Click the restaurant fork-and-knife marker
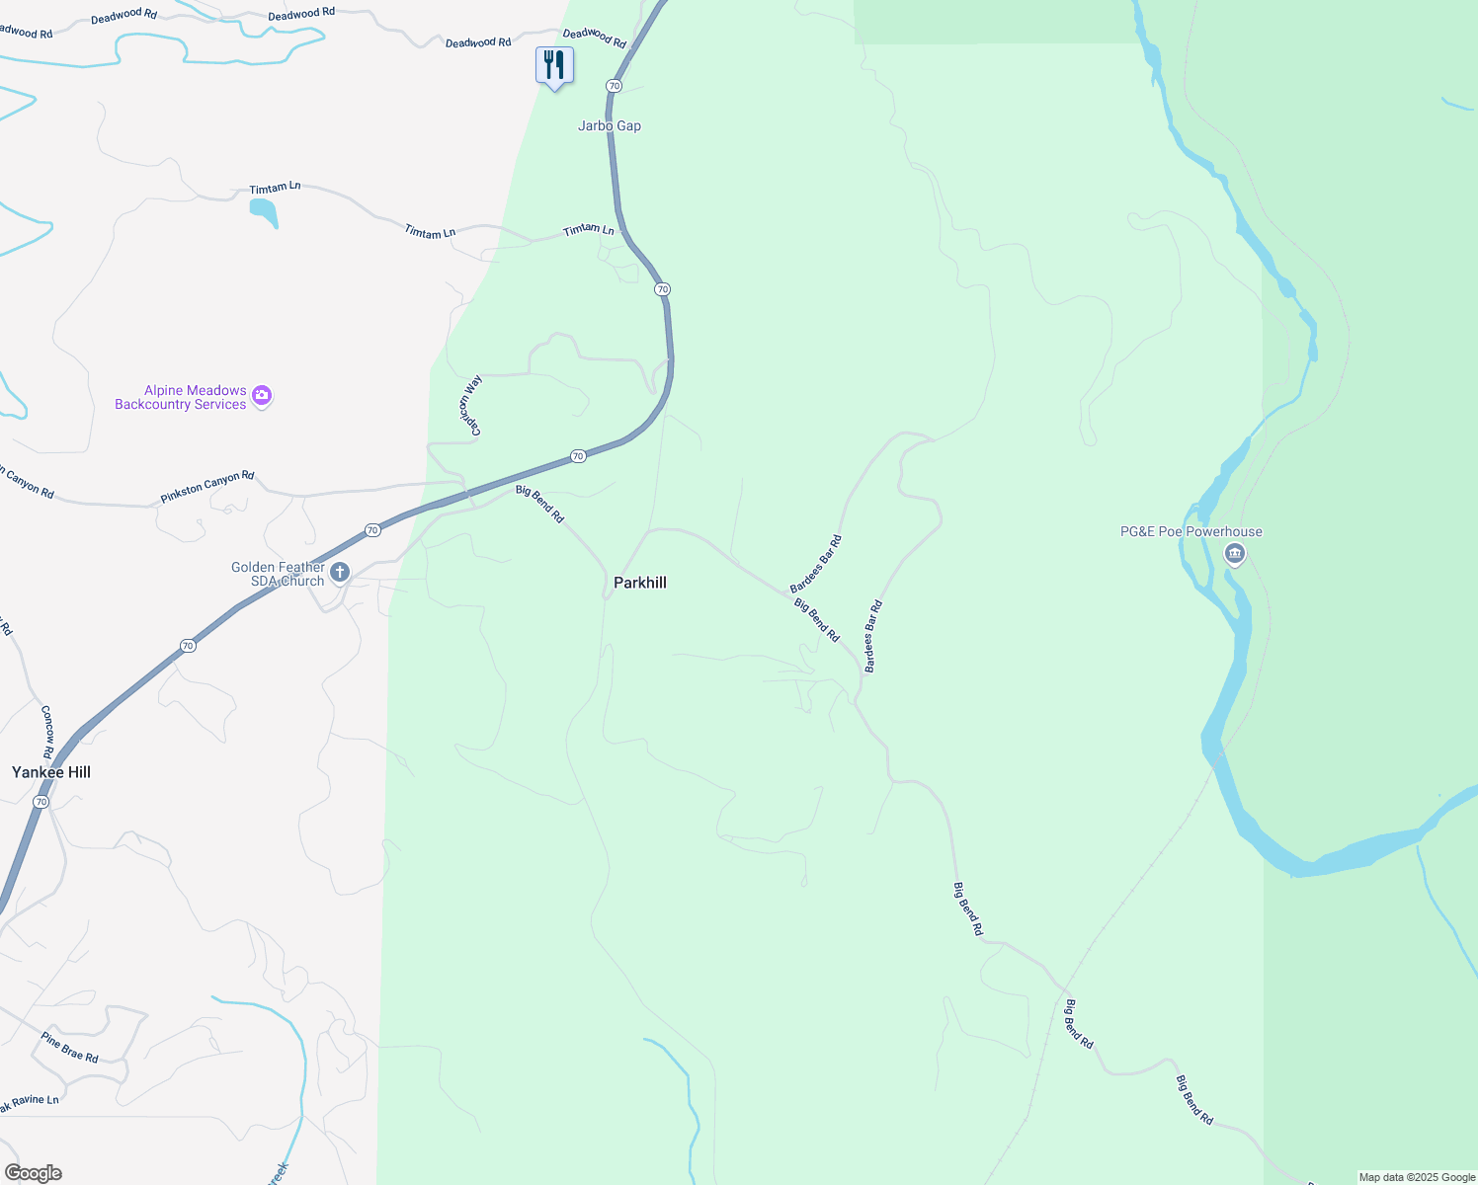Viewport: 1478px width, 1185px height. [554, 66]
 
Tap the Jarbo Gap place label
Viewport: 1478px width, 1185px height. [610, 126]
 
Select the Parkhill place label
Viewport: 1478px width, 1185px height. [640, 583]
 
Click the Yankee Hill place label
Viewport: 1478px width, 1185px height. [51, 772]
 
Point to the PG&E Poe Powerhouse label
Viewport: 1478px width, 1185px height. [1191, 531]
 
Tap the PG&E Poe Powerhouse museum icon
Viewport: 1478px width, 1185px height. [1234, 554]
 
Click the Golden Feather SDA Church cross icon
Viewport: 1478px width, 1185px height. [340, 573]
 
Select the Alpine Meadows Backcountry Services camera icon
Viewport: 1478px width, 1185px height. [262, 396]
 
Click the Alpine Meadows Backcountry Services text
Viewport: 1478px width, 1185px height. [181, 397]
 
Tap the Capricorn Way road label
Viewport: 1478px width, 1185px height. [471, 405]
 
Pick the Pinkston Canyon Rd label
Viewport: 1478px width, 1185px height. [207, 486]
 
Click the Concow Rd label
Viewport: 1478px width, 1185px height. [47, 732]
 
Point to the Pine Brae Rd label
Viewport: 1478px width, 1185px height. [70, 1047]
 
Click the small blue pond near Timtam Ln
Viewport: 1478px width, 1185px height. [264, 211]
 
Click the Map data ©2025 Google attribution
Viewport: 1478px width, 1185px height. [1417, 1177]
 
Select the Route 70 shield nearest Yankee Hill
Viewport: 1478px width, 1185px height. [41, 802]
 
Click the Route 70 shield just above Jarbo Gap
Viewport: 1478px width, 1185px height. [615, 86]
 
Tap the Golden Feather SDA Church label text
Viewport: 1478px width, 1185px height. [278, 574]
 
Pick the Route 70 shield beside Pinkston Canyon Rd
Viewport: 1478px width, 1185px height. [372, 530]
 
